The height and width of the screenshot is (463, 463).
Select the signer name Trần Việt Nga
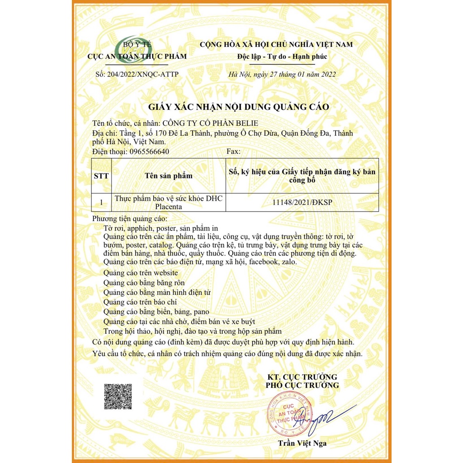point(302,443)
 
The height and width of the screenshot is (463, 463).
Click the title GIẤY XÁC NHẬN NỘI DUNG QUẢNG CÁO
point(240,107)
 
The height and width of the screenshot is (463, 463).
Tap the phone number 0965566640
point(149,151)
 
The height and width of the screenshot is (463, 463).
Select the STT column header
point(101,176)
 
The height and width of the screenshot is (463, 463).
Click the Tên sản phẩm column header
point(169,176)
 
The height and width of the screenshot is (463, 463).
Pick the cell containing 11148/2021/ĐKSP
point(302,203)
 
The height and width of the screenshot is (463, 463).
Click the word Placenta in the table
point(169,207)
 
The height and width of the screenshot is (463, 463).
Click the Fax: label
point(233,151)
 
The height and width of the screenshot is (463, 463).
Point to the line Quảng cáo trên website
point(141,273)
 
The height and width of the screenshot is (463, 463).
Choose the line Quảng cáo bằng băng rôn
point(144,283)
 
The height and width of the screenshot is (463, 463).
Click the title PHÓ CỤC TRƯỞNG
point(302,385)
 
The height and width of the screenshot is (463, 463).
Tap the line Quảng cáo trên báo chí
point(140,302)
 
